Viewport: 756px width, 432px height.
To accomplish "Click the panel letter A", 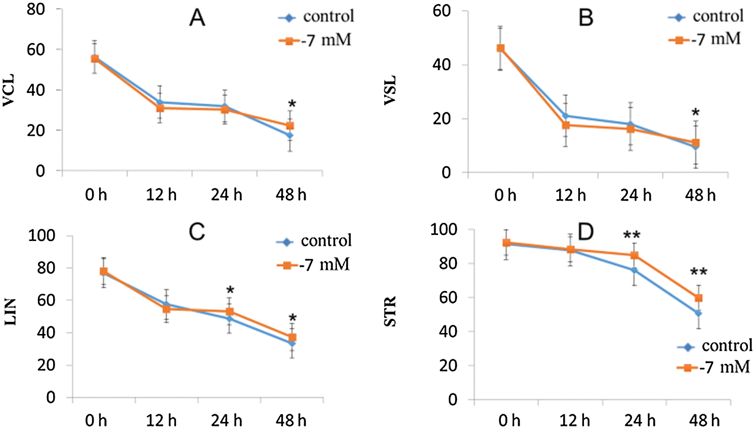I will click(x=197, y=18).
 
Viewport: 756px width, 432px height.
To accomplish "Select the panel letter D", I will click(x=585, y=232).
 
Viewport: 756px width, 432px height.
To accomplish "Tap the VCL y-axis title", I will click(x=9, y=90).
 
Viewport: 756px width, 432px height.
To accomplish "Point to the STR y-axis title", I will click(x=390, y=312).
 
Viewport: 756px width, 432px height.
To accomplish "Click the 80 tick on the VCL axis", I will click(x=36, y=10).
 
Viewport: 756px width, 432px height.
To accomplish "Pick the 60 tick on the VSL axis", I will click(x=442, y=11).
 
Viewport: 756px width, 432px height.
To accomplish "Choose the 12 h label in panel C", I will click(x=161, y=420).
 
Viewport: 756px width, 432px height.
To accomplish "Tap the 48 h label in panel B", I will click(x=700, y=195).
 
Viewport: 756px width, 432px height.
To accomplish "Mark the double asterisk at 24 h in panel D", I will click(x=632, y=235).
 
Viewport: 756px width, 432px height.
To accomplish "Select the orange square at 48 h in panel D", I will click(x=698, y=298).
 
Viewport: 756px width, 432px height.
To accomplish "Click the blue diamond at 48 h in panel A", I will click(x=290, y=135).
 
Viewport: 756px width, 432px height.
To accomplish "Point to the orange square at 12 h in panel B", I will click(x=566, y=125).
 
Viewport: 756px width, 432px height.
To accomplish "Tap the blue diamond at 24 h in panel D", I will click(x=634, y=270).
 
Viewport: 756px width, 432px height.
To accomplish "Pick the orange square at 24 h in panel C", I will click(x=230, y=312).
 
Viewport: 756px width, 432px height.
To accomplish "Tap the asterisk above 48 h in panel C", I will click(x=292, y=319).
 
